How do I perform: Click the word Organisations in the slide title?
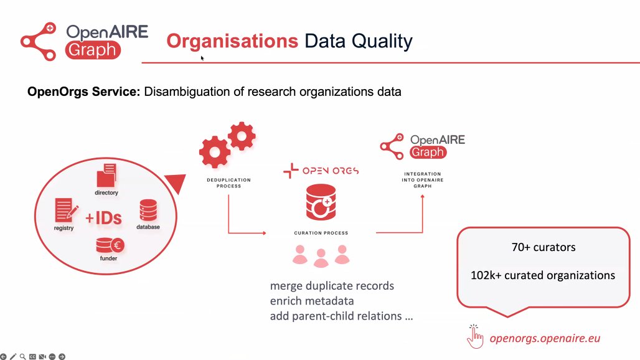pyautogui.click(x=232, y=41)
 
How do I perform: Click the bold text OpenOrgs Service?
pyautogui.click(x=84, y=92)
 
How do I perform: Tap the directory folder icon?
pyautogui.click(x=107, y=175)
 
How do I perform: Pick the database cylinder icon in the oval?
pyautogui.click(x=148, y=211)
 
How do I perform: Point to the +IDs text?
pyautogui.click(x=103, y=218)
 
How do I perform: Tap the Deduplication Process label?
pyautogui.click(x=229, y=182)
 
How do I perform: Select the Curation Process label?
pyautogui.click(x=321, y=233)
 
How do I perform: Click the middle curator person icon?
pyautogui.click(x=321, y=258)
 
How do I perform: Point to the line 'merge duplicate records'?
pyautogui.click(x=332, y=287)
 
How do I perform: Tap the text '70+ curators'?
pyautogui.click(x=544, y=247)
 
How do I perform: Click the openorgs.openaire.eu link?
pyautogui.click(x=545, y=339)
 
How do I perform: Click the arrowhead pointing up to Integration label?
pyautogui.click(x=423, y=196)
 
